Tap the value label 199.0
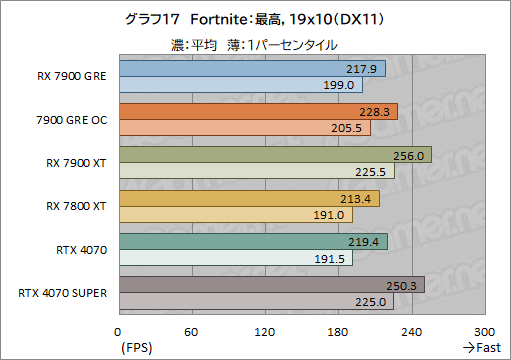(340, 85)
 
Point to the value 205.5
(349, 128)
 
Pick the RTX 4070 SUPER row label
(65, 293)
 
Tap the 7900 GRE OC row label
(72, 120)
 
